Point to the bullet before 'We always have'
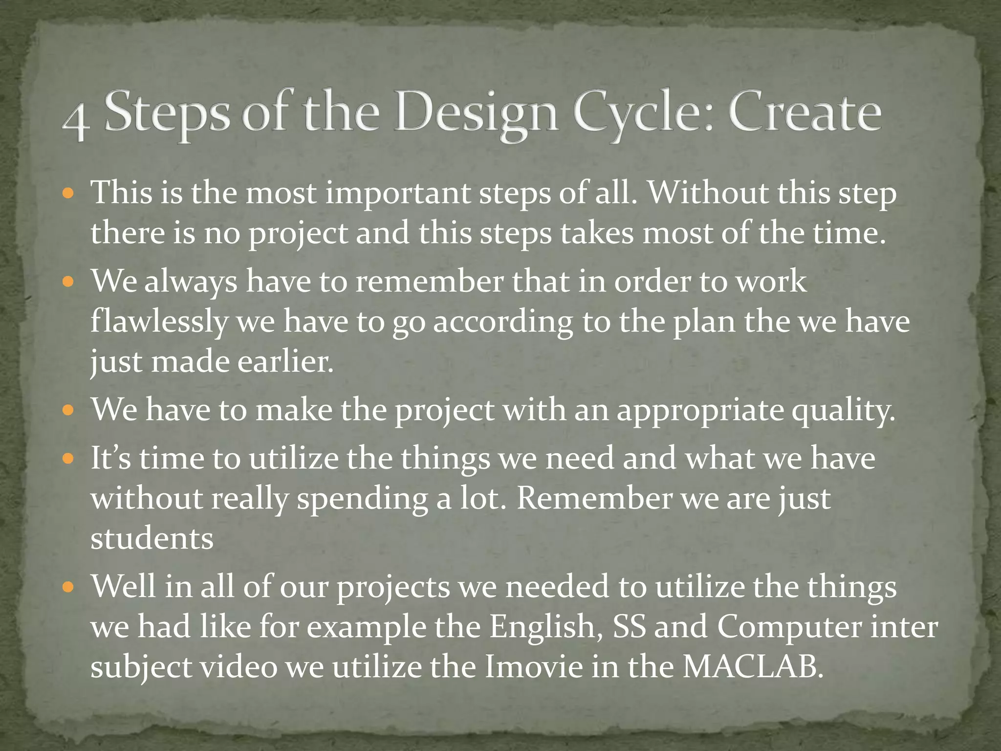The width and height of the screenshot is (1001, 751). pos(68,282)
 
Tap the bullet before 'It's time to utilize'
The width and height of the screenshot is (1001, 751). pos(68,459)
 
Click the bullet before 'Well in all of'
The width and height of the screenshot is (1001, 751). pos(68,587)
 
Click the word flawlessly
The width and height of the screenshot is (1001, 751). pos(159,322)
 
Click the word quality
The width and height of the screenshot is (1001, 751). pos(843,411)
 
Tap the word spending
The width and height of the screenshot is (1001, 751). pos(362,500)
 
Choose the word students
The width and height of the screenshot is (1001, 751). pos(152,539)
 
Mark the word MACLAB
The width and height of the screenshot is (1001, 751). pos(753,667)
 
